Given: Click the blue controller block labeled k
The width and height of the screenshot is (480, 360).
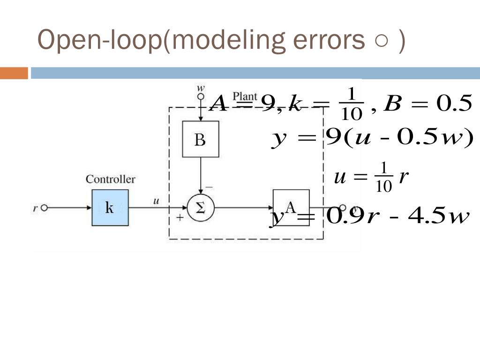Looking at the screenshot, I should [110, 208].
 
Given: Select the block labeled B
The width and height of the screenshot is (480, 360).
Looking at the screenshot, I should [200, 139].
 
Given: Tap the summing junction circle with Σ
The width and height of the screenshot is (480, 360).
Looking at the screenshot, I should [201, 208].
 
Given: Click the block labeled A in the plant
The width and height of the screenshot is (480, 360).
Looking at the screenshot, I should [291, 207].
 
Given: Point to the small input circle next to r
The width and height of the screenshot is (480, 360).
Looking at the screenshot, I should [45, 208].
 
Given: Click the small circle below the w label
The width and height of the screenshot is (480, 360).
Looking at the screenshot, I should [201, 97].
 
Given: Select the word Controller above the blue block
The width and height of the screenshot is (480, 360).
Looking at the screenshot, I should [110, 179].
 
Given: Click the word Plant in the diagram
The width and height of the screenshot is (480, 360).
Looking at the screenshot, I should [245, 97].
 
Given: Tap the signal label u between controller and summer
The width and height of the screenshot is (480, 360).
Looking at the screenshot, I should [157, 201].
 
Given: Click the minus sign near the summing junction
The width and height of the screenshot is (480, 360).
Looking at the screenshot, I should [209, 187].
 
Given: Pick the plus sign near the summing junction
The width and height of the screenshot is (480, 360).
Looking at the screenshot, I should [180, 217].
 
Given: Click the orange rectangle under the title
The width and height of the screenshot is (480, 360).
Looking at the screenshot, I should [14, 74].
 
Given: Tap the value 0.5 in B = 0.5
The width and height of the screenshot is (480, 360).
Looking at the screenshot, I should [453, 104].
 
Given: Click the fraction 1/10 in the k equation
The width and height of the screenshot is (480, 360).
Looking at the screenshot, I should [350, 104].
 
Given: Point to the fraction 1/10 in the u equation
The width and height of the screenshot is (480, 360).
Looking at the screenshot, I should [383, 177].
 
